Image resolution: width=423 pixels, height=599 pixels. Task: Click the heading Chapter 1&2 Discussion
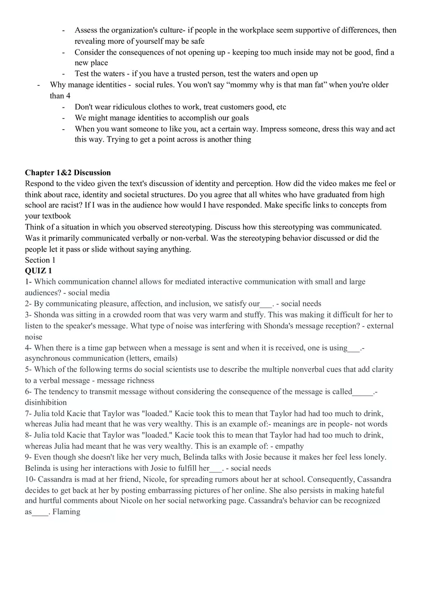coord(68,172)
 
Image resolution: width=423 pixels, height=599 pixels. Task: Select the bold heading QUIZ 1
coord(38,271)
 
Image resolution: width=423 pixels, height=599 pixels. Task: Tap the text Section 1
coord(40,260)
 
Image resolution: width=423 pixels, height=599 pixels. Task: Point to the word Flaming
coord(66,512)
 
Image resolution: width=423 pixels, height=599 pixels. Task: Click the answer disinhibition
coord(46,403)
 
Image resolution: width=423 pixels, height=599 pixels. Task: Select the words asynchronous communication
coord(75,358)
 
